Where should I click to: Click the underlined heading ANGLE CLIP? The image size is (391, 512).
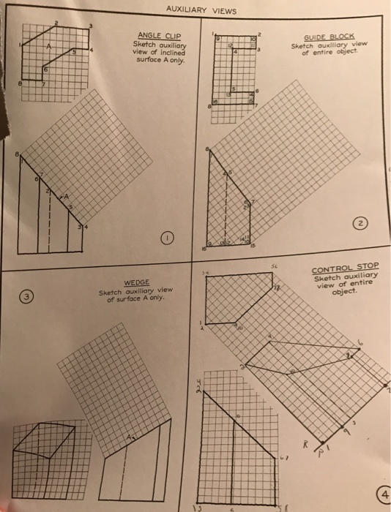[x=159, y=35]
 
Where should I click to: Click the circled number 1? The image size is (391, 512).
[x=168, y=238]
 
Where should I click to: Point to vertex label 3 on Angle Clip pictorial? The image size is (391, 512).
[x=90, y=27]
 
